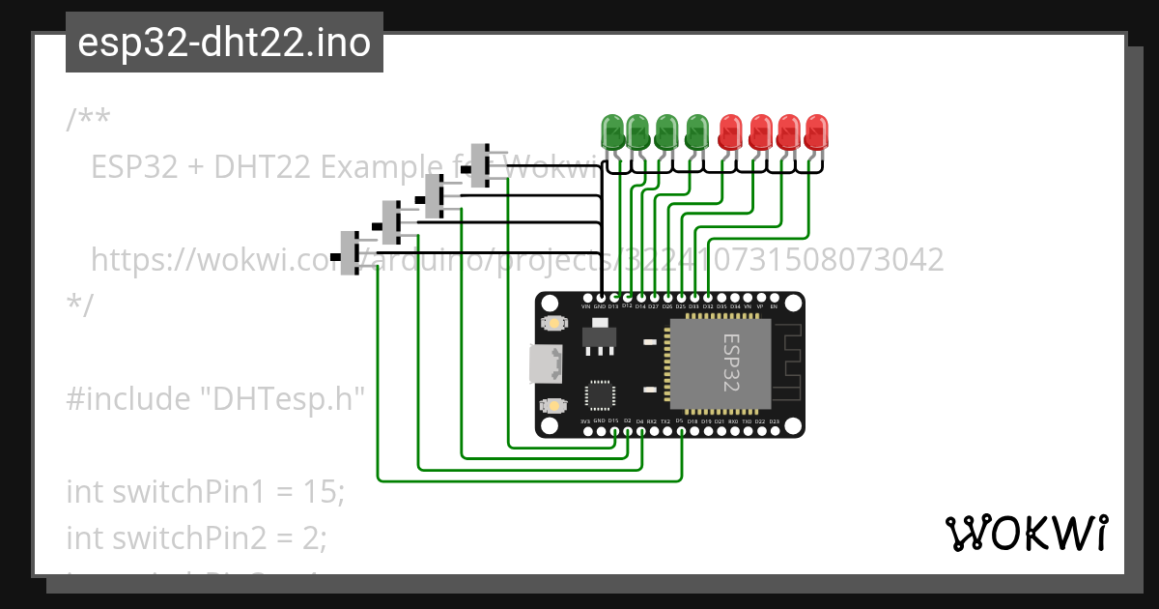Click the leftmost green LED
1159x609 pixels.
click(612, 131)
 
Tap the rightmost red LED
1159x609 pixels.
click(816, 131)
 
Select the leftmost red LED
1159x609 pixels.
click(731, 131)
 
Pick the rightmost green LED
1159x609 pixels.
click(695, 131)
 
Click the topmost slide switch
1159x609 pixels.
click(481, 164)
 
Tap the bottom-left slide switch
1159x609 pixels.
click(350, 253)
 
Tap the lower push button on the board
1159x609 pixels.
click(553, 405)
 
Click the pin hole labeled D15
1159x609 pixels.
click(613, 430)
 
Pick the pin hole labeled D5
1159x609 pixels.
click(680, 430)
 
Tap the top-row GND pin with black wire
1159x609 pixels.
click(600, 298)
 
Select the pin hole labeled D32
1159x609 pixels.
click(708, 298)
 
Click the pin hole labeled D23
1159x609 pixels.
click(774, 430)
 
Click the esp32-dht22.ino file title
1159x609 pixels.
click(224, 43)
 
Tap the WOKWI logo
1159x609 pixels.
click(1026, 534)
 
